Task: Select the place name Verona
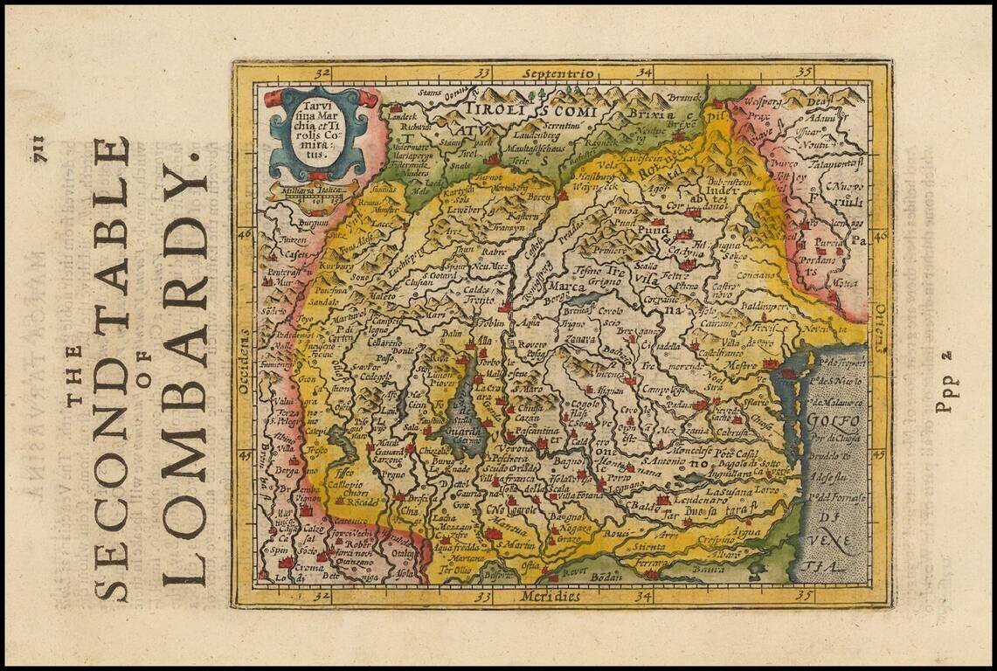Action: pos(519,447)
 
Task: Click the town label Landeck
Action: pos(404,115)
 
